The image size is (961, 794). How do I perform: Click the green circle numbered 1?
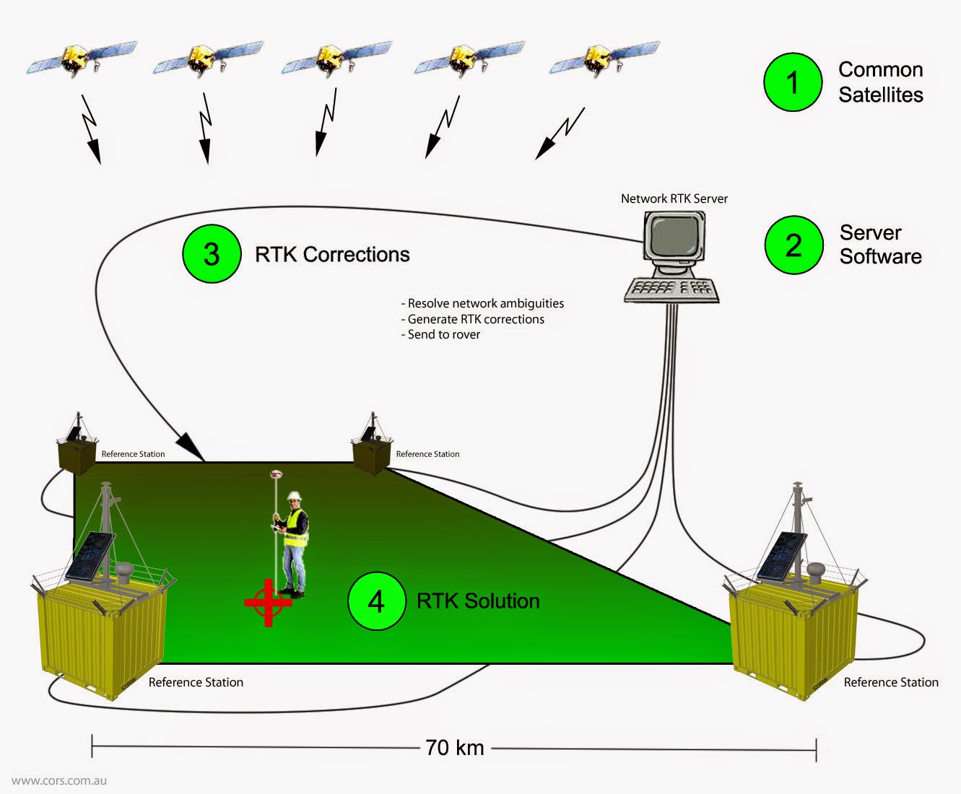tap(793, 82)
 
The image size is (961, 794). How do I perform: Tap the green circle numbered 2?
tap(793, 245)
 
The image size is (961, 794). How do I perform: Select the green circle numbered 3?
tap(212, 253)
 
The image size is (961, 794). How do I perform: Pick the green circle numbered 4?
tap(376, 601)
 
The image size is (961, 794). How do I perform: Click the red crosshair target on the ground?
tap(268, 602)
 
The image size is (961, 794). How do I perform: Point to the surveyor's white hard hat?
tap(294, 496)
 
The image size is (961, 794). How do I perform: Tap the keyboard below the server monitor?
tap(671, 290)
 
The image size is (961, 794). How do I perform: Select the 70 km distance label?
tap(454, 748)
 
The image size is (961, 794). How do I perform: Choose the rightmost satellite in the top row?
tap(603, 58)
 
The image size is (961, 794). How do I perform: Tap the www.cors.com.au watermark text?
tap(59, 780)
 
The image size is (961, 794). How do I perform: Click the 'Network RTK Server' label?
tap(674, 198)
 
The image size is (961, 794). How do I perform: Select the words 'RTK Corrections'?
tap(332, 255)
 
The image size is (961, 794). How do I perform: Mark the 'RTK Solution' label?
tap(478, 601)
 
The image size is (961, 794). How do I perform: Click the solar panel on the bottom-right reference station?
tap(783, 554)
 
